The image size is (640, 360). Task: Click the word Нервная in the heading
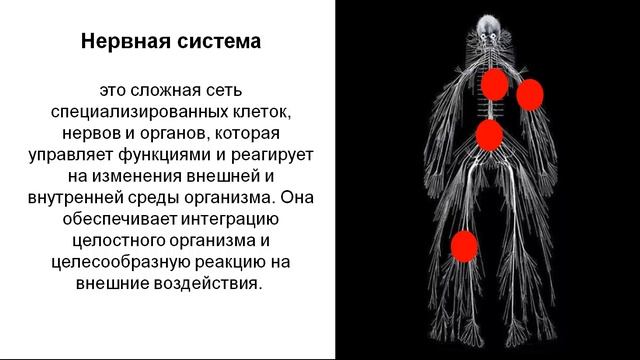(116, 44)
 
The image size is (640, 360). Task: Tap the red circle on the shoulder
(530, 94)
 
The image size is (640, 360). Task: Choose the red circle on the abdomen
(489, 134)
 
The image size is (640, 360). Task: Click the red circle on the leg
(463, 245)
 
